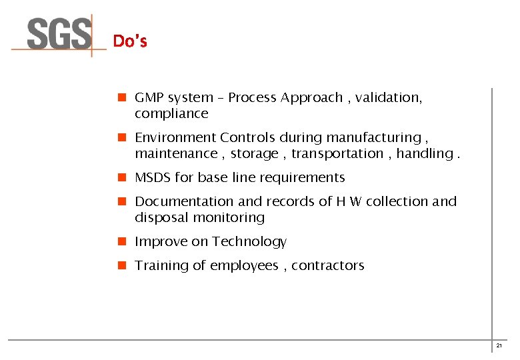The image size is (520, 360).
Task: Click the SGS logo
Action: point(59,35)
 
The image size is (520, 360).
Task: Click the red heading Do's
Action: point(130,41)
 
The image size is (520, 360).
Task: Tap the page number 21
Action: point(499,345)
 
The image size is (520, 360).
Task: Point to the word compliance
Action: point(171,114)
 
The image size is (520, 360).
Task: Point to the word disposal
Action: point(161,218)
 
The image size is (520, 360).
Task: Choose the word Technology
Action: point(249,242)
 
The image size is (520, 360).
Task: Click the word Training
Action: point(161,266)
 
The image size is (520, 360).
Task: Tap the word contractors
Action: point(328,266)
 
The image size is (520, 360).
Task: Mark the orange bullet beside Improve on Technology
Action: point(122,242)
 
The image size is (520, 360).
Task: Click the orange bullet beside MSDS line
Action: point(122,178)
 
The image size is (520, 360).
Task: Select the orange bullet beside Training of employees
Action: point(122,266)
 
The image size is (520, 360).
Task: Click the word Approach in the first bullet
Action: point(312,98)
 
